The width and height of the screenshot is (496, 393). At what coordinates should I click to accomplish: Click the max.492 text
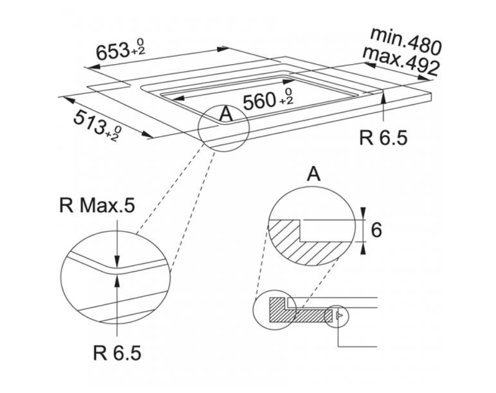pos(401,61)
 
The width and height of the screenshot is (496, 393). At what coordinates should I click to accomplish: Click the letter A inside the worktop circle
pos(225,114)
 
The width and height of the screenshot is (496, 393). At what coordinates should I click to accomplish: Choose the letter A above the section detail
pos(313,175)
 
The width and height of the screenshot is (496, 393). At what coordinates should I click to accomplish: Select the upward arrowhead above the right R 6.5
pos(384,95)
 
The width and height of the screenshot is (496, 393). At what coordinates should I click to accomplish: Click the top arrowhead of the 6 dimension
pos(363,213)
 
